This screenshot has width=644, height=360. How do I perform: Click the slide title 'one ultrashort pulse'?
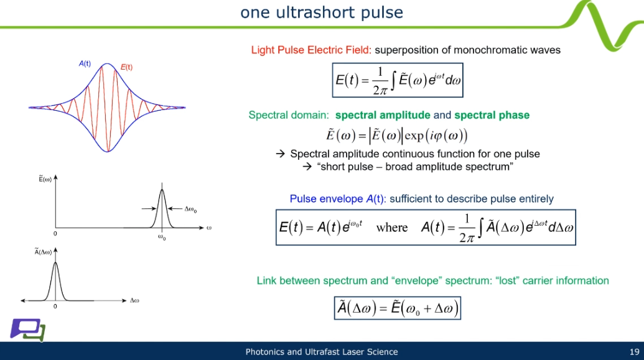[322, 12]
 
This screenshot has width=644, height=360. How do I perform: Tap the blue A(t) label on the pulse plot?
[85, 63]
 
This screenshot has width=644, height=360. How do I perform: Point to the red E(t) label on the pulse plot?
[126, 67]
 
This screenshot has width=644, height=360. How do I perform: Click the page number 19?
[635, 352]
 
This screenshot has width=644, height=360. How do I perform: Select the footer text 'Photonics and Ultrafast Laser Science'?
[322, 352]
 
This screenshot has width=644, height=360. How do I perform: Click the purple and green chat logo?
[27, 330]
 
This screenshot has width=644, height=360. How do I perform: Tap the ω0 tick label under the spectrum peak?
[162, 238]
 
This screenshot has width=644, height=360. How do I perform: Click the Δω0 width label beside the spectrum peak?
[190, 210]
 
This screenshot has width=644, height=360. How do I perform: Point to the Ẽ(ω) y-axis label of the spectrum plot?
[45, 179]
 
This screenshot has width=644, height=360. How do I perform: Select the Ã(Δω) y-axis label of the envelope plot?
[43, 252]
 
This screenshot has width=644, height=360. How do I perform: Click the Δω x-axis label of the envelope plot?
[134, 300]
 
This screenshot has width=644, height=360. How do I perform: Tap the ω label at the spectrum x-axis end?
[209, 228]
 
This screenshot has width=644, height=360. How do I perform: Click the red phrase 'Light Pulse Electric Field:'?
[311, 50]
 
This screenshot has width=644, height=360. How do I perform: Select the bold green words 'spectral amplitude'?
[383, 115]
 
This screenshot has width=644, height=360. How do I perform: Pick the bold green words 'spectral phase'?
[492, 115]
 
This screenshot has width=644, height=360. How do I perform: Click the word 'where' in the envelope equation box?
[392, 228]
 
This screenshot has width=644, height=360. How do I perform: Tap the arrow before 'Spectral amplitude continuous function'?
[281, 154]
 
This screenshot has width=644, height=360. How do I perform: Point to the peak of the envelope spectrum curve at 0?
[55, 263]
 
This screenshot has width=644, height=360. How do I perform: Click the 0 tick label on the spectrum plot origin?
[55, 234]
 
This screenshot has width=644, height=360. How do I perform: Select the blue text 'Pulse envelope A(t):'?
[338, 199]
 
